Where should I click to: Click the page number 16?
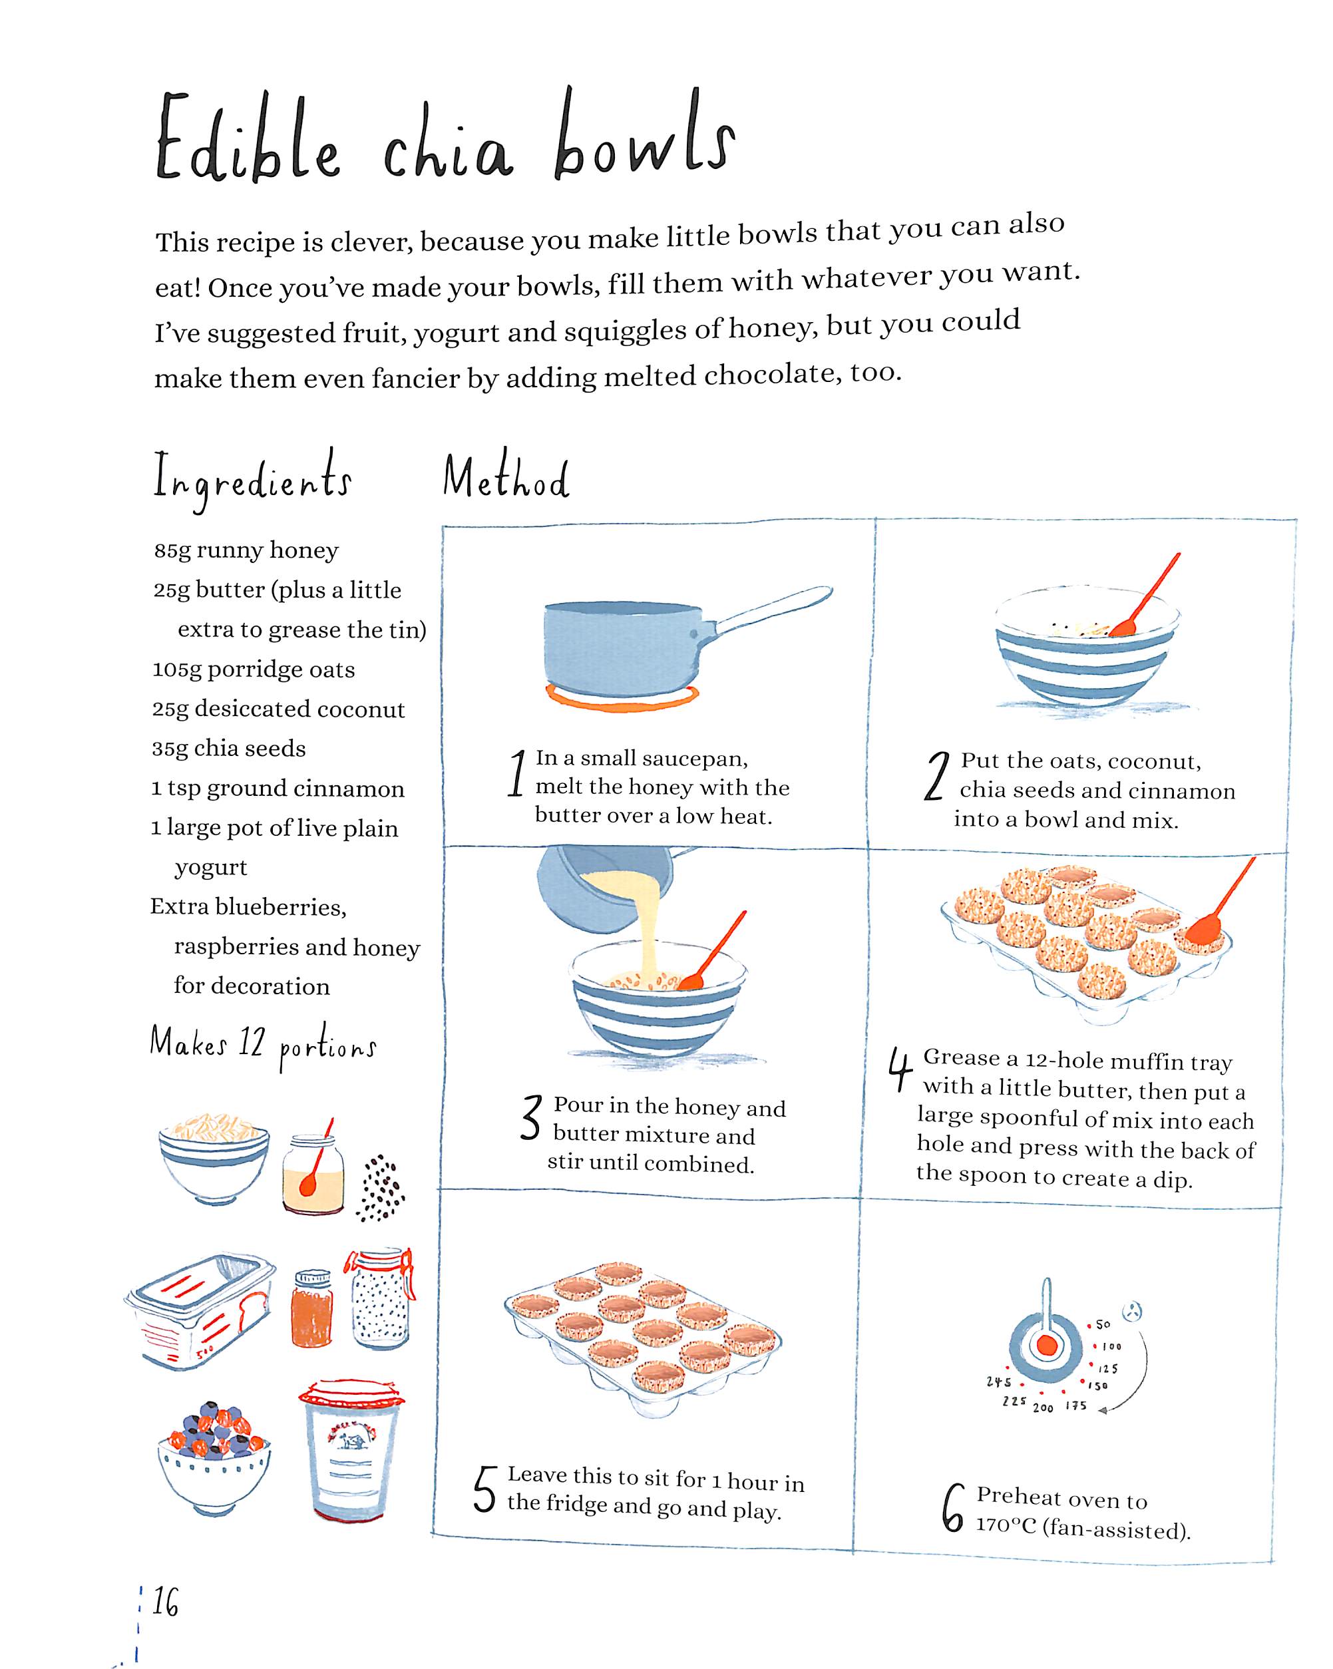[x=165, y=1602]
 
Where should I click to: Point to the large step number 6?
[x=953, y=1508]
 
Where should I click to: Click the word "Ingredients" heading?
[x=252, y=479]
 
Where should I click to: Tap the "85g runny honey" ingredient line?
[x=246, y=550]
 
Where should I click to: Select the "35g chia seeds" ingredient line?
[x=229, y=749]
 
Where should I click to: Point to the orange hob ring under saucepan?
[x=622, y=697]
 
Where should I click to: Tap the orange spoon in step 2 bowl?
[x=1145, y=596]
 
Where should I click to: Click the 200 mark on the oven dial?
[x=1043, y=1407]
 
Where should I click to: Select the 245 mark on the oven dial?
[x=999, y=1382]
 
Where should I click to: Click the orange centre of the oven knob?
[x=1047, y=1346]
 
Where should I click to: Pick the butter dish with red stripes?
[x=200, y=1310]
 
